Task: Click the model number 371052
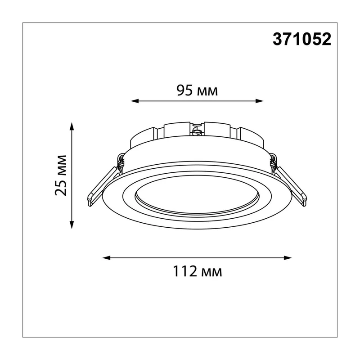(x=302, y=39)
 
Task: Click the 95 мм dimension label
(x=197, y=90)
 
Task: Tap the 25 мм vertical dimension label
(x=61, y=175)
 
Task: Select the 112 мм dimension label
(x=197, y=271)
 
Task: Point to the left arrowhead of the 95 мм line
(x=135, y=101)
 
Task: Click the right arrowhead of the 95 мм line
(x=260, y=101)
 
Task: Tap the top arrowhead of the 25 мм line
(x=72, y=126)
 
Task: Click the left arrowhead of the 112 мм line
(x=107, y=258)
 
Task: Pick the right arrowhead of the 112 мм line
(x=288, y=258)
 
